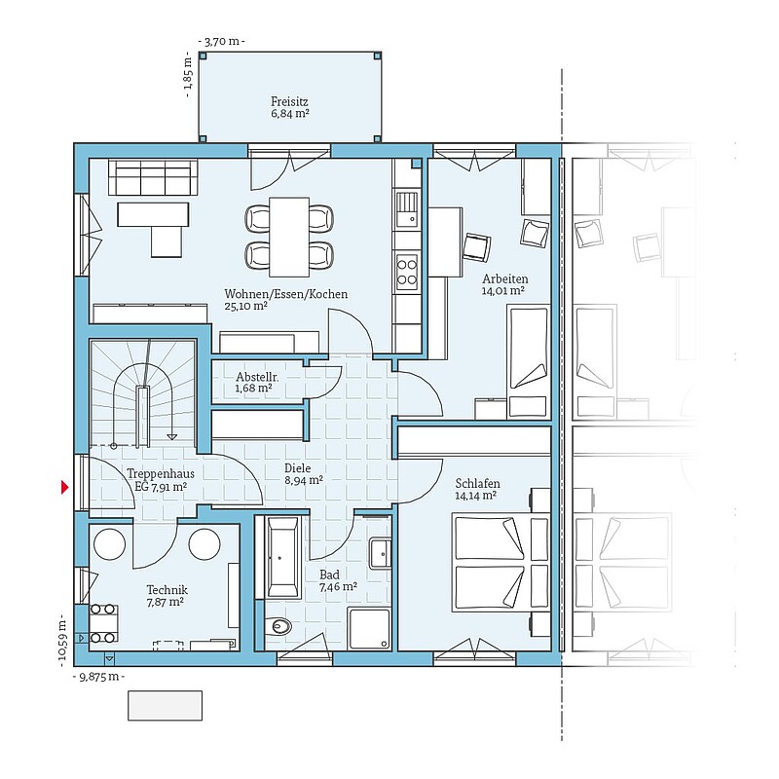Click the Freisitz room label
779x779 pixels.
pyautogui.click(x=289, y=101)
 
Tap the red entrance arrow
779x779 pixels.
pyautogui.click(x=64, y=488)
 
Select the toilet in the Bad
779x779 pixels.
pyautogui.click(x=278, y=626)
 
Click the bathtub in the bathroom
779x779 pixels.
pyautogui.click(x=282, y=557)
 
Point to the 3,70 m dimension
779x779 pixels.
pyautogui.click(x=221, y=41)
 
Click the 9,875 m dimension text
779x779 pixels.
pyautogui.click(x=98, y=676)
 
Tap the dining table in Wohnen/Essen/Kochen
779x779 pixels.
pyautogui.click(x=289, y=237)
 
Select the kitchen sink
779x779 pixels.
pyautogui.click(x=407, y=208)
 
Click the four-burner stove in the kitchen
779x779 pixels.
pyautogui.click(x=407, y=272)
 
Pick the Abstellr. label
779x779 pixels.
pyautogui.click(x=257, y=376)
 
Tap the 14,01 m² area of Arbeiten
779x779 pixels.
pyautogui.click(x=502, y=290)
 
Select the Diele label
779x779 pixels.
pyautogui.click(x=298, y=468)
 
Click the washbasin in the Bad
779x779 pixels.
pyautogui.click(x=380, y=553)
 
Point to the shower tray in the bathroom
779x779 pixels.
pyautogui.click(x=369, y=628)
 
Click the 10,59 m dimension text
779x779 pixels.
pyautogui.click(x=62, y=641)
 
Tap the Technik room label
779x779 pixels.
pyautogui.click(x=167, y=590)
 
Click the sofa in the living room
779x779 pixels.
pyautogui.click(x=153, y=177)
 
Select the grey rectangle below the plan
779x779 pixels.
pyautogui.click(x=165, y=705)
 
